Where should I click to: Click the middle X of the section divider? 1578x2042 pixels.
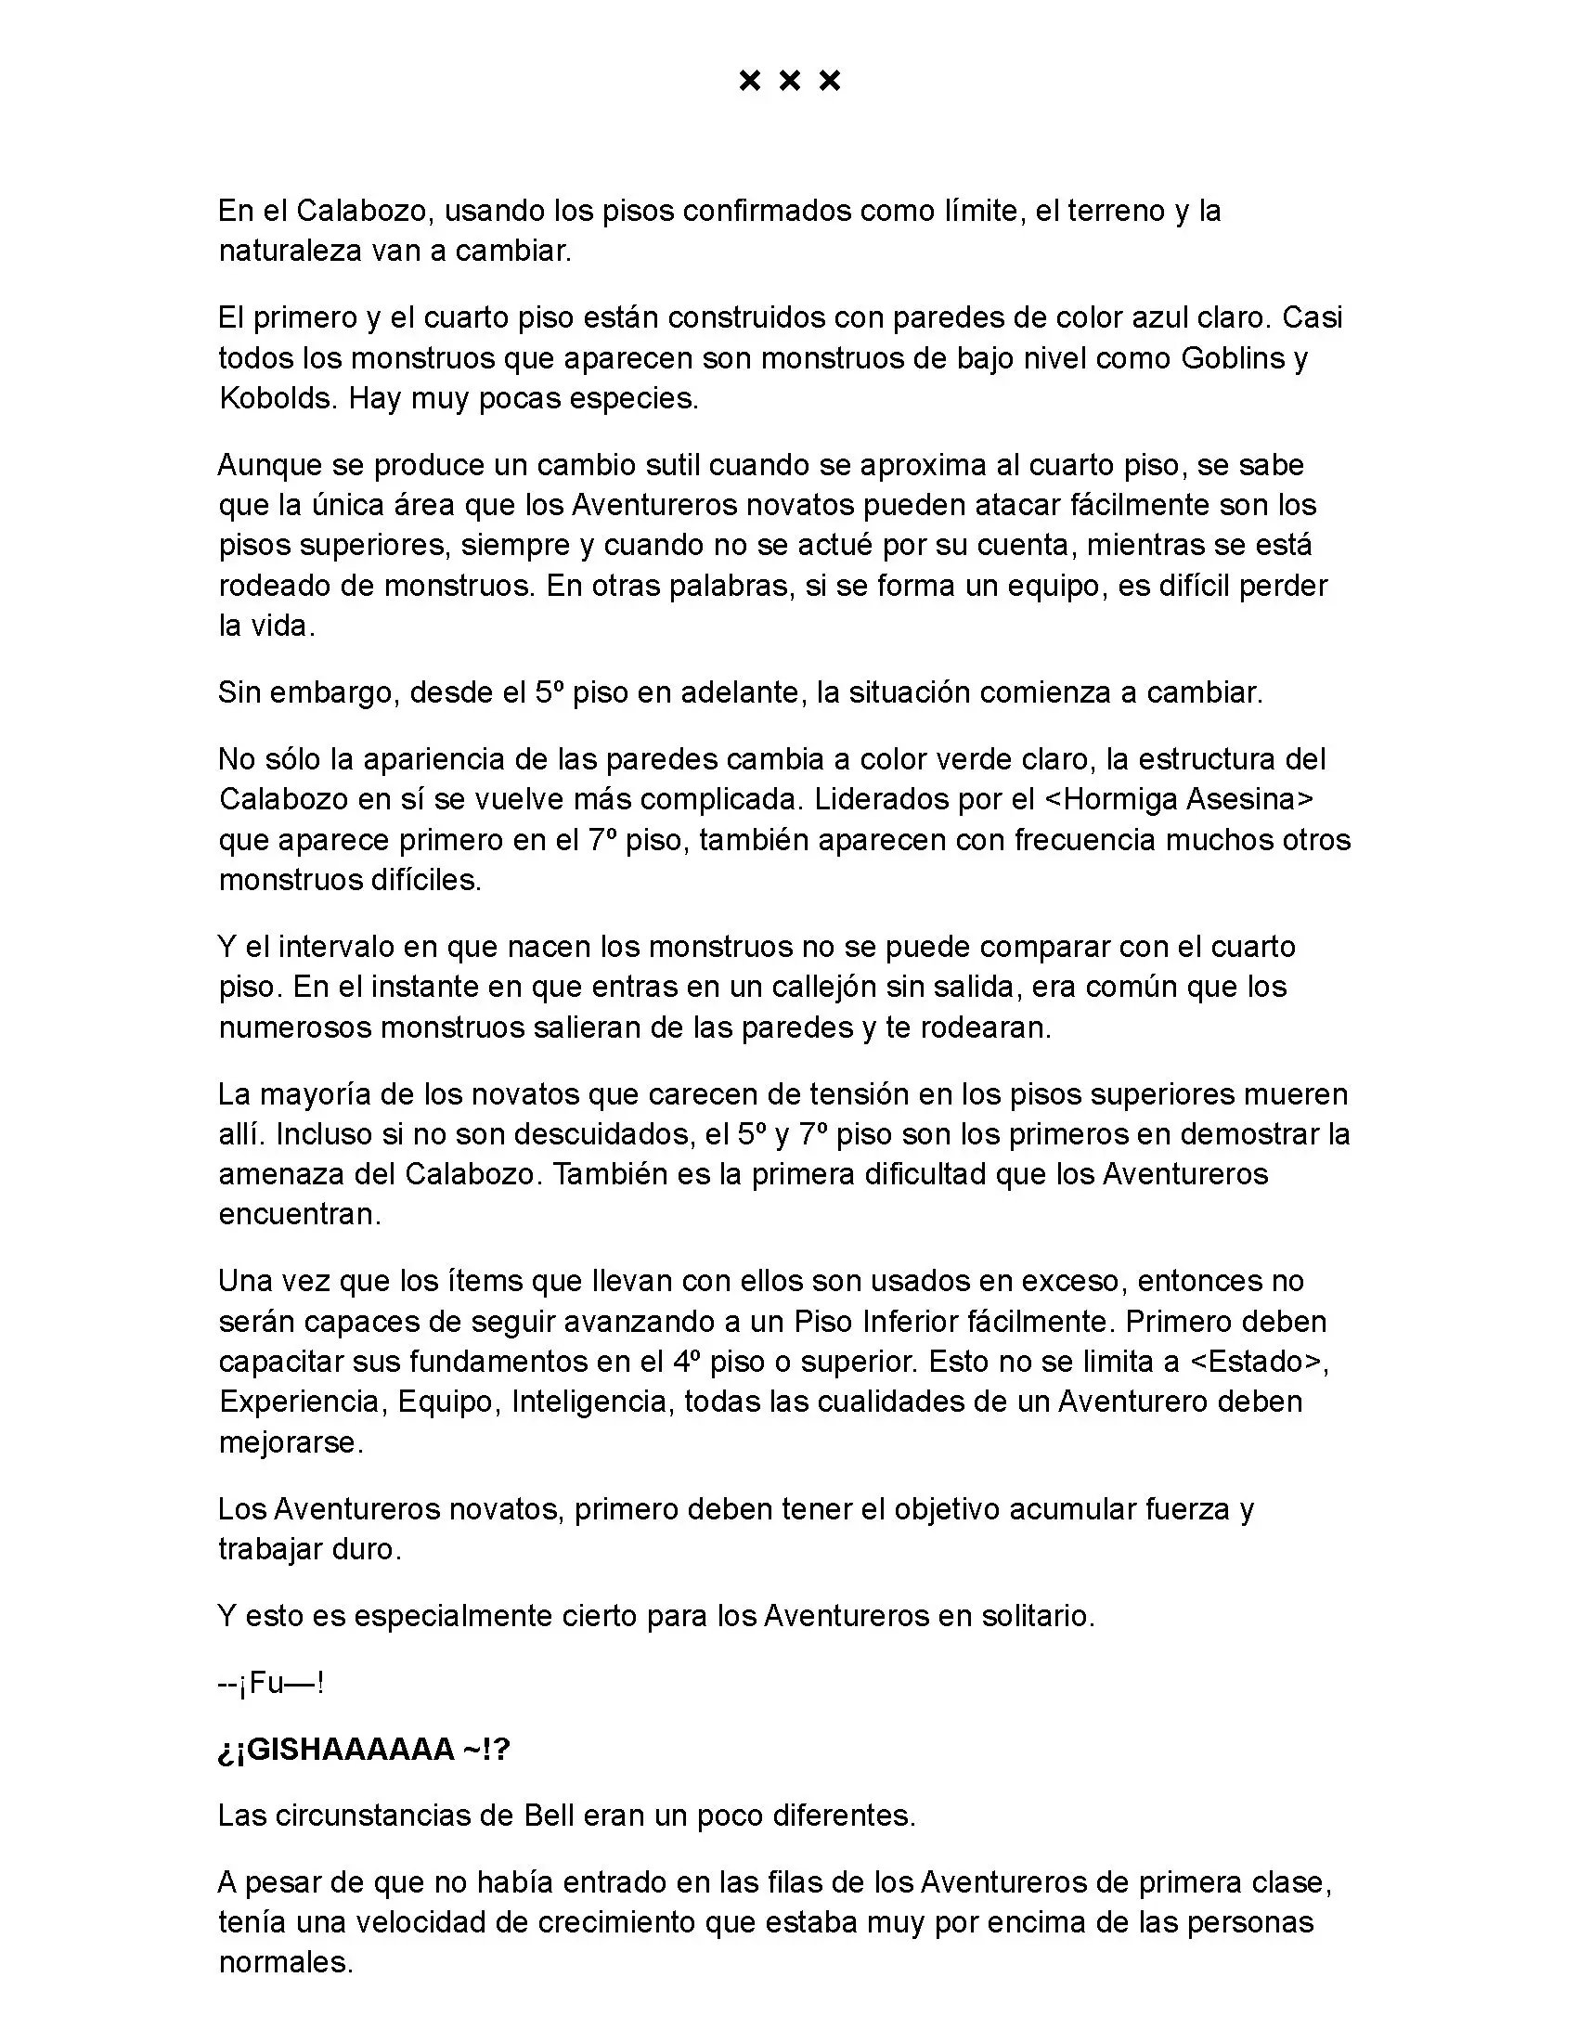(x=789, y=82)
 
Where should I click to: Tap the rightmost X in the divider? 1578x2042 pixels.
(x=829, y=82)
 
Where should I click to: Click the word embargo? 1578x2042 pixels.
(x=327, y=692)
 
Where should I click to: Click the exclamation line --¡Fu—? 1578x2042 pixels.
(x=271, y=1684)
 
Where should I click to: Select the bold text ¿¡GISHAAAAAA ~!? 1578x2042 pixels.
(x=365, y=1750)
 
